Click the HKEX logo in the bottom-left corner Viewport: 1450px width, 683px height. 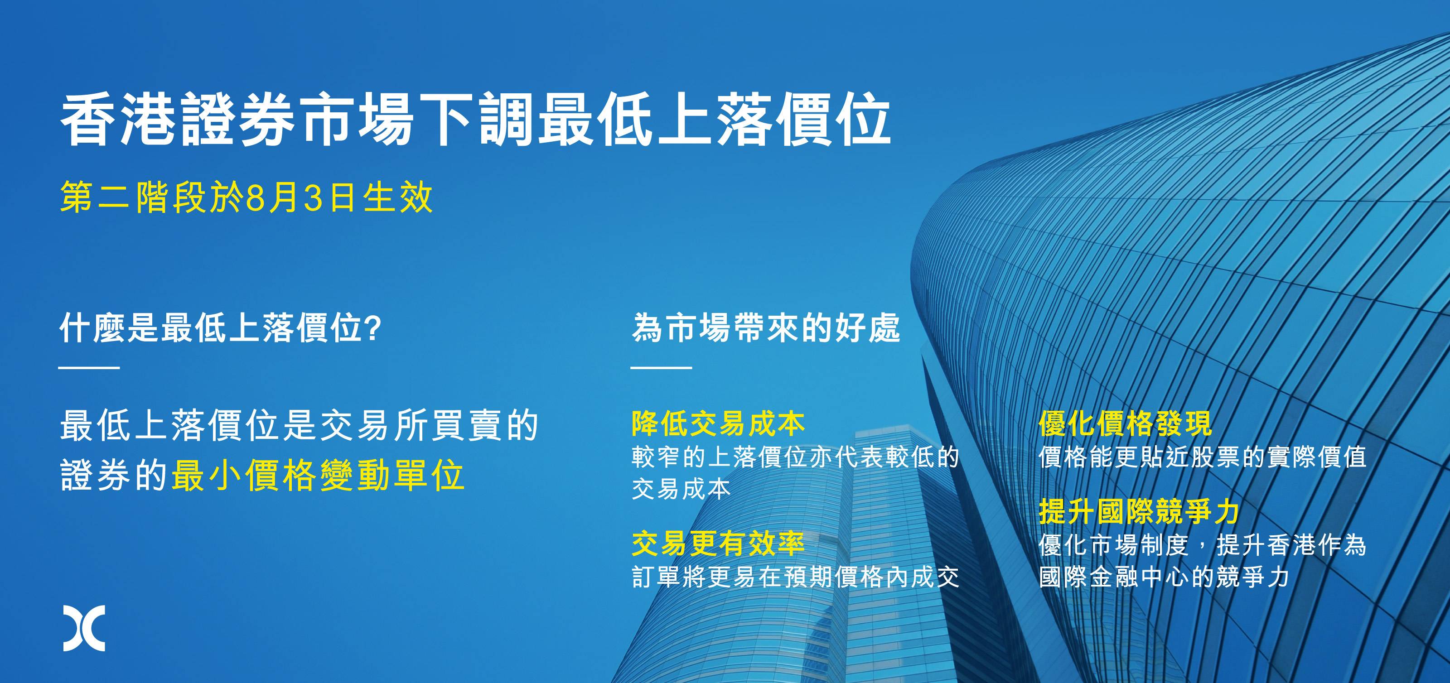click(84, 629)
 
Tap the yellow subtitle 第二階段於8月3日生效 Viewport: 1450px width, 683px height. click(246, 197)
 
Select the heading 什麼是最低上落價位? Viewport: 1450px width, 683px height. click(221, 327)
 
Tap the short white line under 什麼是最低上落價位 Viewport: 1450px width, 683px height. click(89, 368)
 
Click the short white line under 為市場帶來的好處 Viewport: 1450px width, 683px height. click(661, 368)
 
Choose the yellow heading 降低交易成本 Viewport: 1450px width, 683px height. click(718, 423)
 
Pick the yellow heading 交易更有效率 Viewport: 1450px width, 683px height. click(718, 544)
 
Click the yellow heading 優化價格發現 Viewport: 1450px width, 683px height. click(1125, 423)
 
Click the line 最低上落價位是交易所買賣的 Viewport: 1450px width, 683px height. click(300, 425)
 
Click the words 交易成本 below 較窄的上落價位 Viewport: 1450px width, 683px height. click(681, 489)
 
